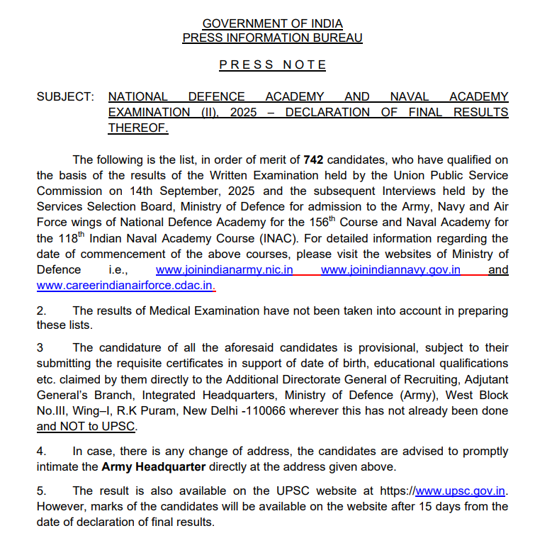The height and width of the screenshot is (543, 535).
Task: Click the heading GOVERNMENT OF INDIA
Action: point(272,24)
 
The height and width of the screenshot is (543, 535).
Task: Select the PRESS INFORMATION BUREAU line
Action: point(272,38)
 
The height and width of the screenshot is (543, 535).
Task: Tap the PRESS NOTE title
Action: point(273,65)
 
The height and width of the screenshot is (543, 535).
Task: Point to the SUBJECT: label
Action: point(64,96)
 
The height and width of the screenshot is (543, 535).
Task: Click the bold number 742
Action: point(313,159)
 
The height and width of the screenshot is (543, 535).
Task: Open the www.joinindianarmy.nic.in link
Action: point(225,270)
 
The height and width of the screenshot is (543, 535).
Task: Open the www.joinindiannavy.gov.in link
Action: point(390,270)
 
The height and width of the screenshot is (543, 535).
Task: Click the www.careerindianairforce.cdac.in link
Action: point(125,286)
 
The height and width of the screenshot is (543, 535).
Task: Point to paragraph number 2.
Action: point(41,310)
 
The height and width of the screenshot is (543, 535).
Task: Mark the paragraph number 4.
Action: point(41,452)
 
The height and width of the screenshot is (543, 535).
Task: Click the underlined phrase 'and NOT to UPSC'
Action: point(86,427)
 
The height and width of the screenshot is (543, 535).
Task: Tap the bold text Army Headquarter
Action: point(154,467)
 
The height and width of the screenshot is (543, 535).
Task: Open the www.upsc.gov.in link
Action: point(461,491)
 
